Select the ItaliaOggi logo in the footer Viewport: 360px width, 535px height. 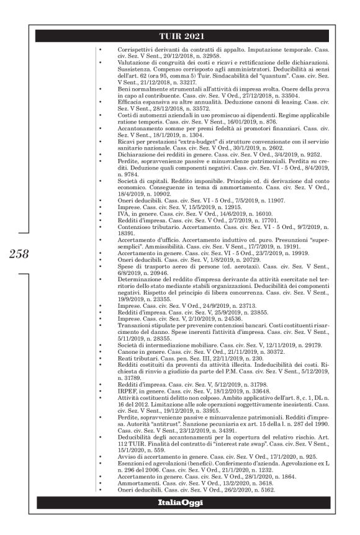tap(181, 502)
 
